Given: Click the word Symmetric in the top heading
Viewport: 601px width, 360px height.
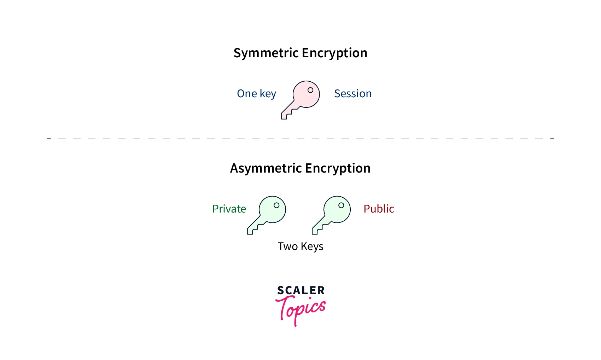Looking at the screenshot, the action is click(266, 53).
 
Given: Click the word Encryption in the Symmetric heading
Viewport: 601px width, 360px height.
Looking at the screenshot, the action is click(334, 53).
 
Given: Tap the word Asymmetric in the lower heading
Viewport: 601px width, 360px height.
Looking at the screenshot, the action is click(266, 168).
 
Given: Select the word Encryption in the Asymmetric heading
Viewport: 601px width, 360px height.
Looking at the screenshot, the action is click(338, 168).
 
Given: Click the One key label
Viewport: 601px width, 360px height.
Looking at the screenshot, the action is click(257, 94).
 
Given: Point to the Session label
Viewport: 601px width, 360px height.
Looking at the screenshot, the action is click(353, 94).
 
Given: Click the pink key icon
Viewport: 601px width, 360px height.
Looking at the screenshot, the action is click(300, 100).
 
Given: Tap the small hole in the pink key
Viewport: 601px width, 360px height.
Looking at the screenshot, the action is click(310, 90).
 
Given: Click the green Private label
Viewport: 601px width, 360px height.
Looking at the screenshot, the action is click(229, 209).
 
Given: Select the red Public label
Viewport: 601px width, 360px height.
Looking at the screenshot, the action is click(379, 209).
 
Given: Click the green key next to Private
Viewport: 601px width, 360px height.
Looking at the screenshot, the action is click(267, 215).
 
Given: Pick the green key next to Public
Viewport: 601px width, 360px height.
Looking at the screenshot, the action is click(331, 215).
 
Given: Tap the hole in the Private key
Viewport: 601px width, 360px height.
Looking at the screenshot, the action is click(276, 205).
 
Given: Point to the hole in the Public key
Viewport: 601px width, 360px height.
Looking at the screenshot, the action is click(341, 205).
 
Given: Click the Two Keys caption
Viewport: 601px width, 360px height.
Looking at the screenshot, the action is click(300, 246).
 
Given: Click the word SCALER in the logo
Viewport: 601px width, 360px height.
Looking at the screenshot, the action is click(301, 290).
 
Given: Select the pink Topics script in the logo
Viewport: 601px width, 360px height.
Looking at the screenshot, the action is click(300, 310).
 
